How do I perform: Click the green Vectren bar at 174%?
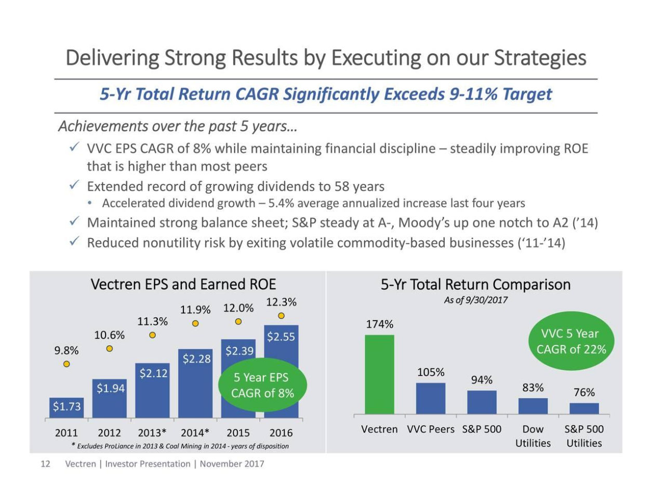point(379,374)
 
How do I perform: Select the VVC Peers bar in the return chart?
point(431,399)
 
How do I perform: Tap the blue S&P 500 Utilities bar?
point(584,408)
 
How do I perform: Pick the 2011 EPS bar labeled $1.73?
point(66,407)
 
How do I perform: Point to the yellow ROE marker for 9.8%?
point(66,364)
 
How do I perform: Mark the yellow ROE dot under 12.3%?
point(281,316)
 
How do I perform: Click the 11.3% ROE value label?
point(152,322)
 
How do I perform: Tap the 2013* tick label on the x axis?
point(152,433)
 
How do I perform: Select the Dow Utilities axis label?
point(533,436)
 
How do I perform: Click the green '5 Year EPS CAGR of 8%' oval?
point(263,385)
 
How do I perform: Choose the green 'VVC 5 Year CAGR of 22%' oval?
point(571,341)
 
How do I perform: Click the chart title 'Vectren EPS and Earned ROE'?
point(183,284)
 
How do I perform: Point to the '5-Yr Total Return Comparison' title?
point(475,284)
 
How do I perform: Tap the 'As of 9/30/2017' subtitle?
point(475,300)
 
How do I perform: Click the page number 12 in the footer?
point(45,464)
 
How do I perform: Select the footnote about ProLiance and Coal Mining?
point(180,446)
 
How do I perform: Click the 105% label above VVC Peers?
point(431,372)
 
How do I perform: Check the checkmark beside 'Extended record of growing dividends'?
point(74,185)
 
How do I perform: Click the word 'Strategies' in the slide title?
point(540,58)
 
